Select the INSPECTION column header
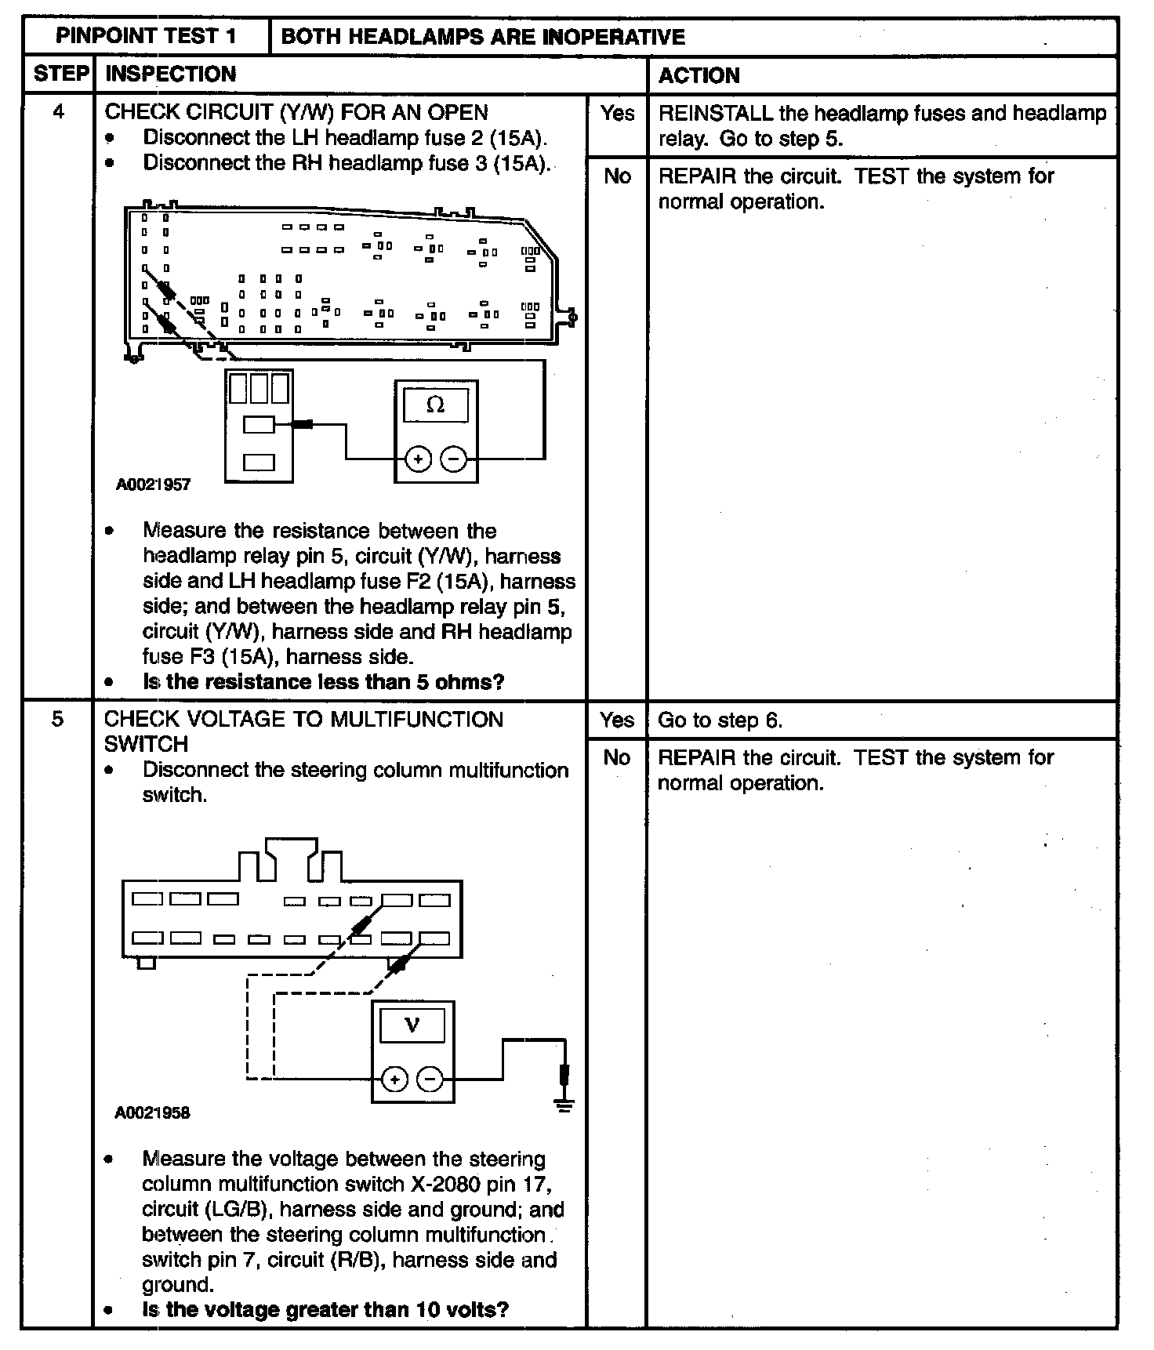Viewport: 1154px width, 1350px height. [170, 74]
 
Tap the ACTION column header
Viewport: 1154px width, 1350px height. [699, 76]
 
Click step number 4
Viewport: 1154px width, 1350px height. [58, 112]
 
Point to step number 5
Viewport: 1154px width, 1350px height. [57, 719]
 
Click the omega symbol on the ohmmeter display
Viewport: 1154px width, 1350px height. [435, 405]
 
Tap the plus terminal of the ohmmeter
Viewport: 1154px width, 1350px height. [418, 459]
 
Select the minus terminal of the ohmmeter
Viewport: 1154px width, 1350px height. [453, 459]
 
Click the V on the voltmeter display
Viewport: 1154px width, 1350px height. [412, 1025]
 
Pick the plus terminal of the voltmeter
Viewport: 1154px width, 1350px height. [394, 1080]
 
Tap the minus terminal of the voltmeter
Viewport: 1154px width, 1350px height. [430, 1080]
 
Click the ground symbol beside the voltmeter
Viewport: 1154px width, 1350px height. [564, 1104]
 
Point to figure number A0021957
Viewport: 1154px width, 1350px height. [153, 484]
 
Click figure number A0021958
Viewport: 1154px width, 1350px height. [152, 1113]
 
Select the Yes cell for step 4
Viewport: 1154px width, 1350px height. [617, 114]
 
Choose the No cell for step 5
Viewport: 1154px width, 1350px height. [617, 757]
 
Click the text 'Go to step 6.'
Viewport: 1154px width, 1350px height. [720, 720]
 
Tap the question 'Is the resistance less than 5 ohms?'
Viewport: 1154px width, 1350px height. [323, 682]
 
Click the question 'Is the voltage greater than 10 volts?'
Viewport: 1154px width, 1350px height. [325, 1309]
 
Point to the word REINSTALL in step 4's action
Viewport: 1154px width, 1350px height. [715, 114]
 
